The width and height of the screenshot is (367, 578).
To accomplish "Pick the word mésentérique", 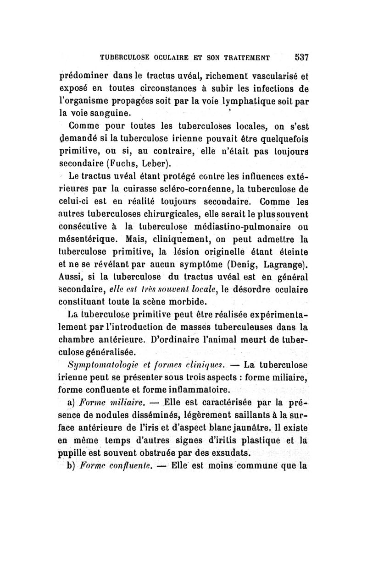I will point(89,239).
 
